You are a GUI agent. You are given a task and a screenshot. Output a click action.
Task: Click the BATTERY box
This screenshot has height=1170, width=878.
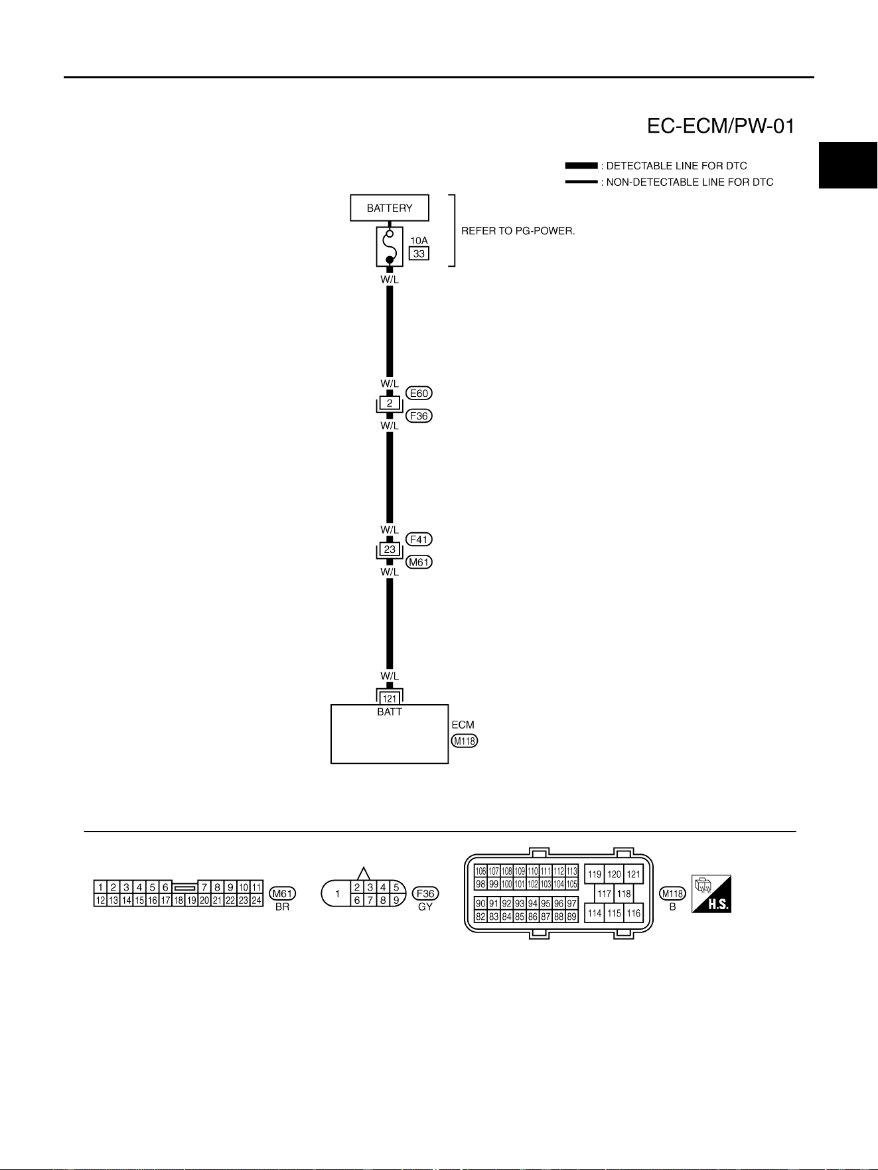(390, 208)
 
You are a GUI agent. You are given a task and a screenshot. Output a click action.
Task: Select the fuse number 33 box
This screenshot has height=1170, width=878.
(419, 254)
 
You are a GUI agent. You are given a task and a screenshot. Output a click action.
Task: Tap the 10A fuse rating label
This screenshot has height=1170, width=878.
(419, 240)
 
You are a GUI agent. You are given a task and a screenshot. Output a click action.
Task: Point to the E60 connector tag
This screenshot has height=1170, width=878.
(419, 393)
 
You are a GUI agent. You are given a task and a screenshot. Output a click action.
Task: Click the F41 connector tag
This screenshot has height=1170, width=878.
(419, 539)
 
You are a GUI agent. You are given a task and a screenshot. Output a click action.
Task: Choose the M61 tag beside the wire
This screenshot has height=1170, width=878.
(419, 562)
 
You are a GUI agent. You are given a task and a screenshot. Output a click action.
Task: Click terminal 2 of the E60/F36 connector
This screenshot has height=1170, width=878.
(390, 403)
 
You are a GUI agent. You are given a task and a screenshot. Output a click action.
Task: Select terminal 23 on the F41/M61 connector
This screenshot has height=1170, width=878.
(390, 549)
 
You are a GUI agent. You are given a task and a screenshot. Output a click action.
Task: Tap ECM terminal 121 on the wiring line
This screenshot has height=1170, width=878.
(390, 698)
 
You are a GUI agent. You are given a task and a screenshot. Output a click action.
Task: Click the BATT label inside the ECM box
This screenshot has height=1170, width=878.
(390, 712)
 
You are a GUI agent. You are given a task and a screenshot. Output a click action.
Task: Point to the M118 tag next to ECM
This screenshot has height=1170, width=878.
(465, 741)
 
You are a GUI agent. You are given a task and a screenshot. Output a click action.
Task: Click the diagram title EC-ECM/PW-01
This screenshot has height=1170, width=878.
(721, 126)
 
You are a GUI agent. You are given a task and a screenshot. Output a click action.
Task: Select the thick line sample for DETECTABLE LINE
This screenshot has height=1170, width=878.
(581, 166)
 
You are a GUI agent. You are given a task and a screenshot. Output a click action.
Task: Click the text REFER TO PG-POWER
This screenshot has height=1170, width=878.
(518, 232)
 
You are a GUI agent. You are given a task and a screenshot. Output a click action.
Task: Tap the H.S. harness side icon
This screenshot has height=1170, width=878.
(711, 893)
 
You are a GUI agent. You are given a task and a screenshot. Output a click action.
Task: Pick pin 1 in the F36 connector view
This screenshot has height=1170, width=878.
(338, 893)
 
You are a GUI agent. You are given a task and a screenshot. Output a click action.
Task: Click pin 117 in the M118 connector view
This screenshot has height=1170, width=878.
(604, 893)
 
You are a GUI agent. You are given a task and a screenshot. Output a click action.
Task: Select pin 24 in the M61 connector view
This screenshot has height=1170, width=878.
(256, 900)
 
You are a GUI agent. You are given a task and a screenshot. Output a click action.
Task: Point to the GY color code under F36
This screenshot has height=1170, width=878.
(425, 907)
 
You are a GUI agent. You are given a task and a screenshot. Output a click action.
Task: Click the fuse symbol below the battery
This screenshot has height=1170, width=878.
(390, 246)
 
